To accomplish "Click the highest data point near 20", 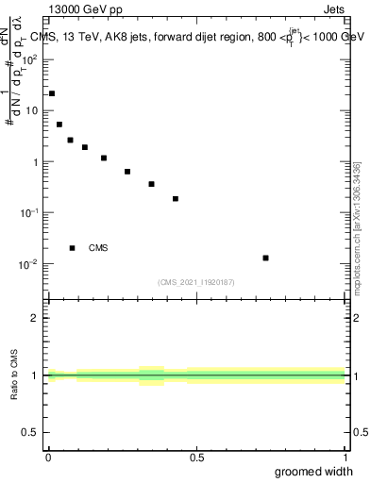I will (52, 93).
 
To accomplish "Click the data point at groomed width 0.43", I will (176, 199).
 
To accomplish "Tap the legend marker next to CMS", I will (73, 248).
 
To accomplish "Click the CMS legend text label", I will (98, 248).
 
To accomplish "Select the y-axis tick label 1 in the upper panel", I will (37, 161).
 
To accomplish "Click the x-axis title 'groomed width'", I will (314, 472).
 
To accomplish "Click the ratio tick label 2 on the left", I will (37, 318).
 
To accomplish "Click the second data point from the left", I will (59, 124).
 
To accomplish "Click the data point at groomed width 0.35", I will (151, 184).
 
